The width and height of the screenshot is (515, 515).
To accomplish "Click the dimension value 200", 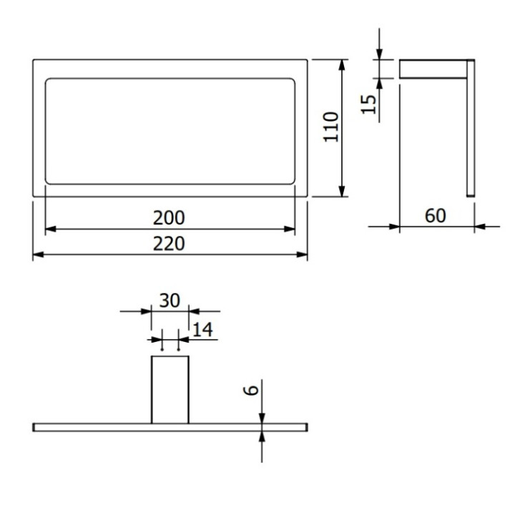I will (170, 217).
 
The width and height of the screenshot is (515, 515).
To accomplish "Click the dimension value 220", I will (170, 244).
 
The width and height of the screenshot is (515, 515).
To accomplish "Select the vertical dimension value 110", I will (330, 127).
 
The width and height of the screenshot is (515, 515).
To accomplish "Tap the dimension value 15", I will (368, 104).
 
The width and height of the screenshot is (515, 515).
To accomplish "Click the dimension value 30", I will (170, 301).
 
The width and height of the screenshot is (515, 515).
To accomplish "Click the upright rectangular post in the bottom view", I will (170, 390).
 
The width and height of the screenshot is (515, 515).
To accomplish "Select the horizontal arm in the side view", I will (432, 69).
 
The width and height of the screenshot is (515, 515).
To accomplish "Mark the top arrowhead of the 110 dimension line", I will (343, 64).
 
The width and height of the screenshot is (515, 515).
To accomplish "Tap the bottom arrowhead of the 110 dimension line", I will (343, 192).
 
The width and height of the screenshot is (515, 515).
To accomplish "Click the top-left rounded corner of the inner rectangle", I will (49, 80).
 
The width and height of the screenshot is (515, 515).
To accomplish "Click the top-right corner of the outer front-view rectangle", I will (308, 60).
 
